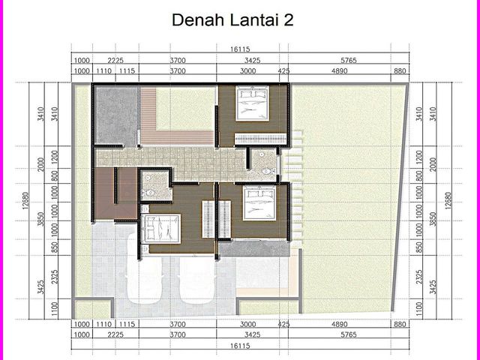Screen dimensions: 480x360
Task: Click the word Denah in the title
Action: tap(198, 20)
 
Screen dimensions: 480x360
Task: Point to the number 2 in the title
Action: tap(288, 20)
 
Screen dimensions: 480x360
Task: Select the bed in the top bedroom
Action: tap(252, 103)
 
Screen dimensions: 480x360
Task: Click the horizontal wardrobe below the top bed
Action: tap(260, 139)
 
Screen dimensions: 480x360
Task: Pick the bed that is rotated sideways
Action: tap(160, 229)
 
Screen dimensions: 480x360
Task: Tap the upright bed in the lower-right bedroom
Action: tap(259, 203)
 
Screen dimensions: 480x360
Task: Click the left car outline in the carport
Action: tap(144, 268)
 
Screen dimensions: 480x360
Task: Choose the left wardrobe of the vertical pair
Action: tap(208, 219)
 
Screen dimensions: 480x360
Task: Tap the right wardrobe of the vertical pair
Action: tap(225, 219)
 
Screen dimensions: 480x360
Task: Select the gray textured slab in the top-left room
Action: tap(115, 115)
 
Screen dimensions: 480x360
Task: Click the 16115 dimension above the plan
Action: tap(240, 49)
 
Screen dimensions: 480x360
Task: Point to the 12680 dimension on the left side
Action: tap(25, 201)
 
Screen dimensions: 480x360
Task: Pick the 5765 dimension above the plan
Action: tap(349, 60)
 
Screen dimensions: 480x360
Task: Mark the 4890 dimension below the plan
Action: tap(340, 324)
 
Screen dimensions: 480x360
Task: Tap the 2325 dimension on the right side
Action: tap(419, 277)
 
